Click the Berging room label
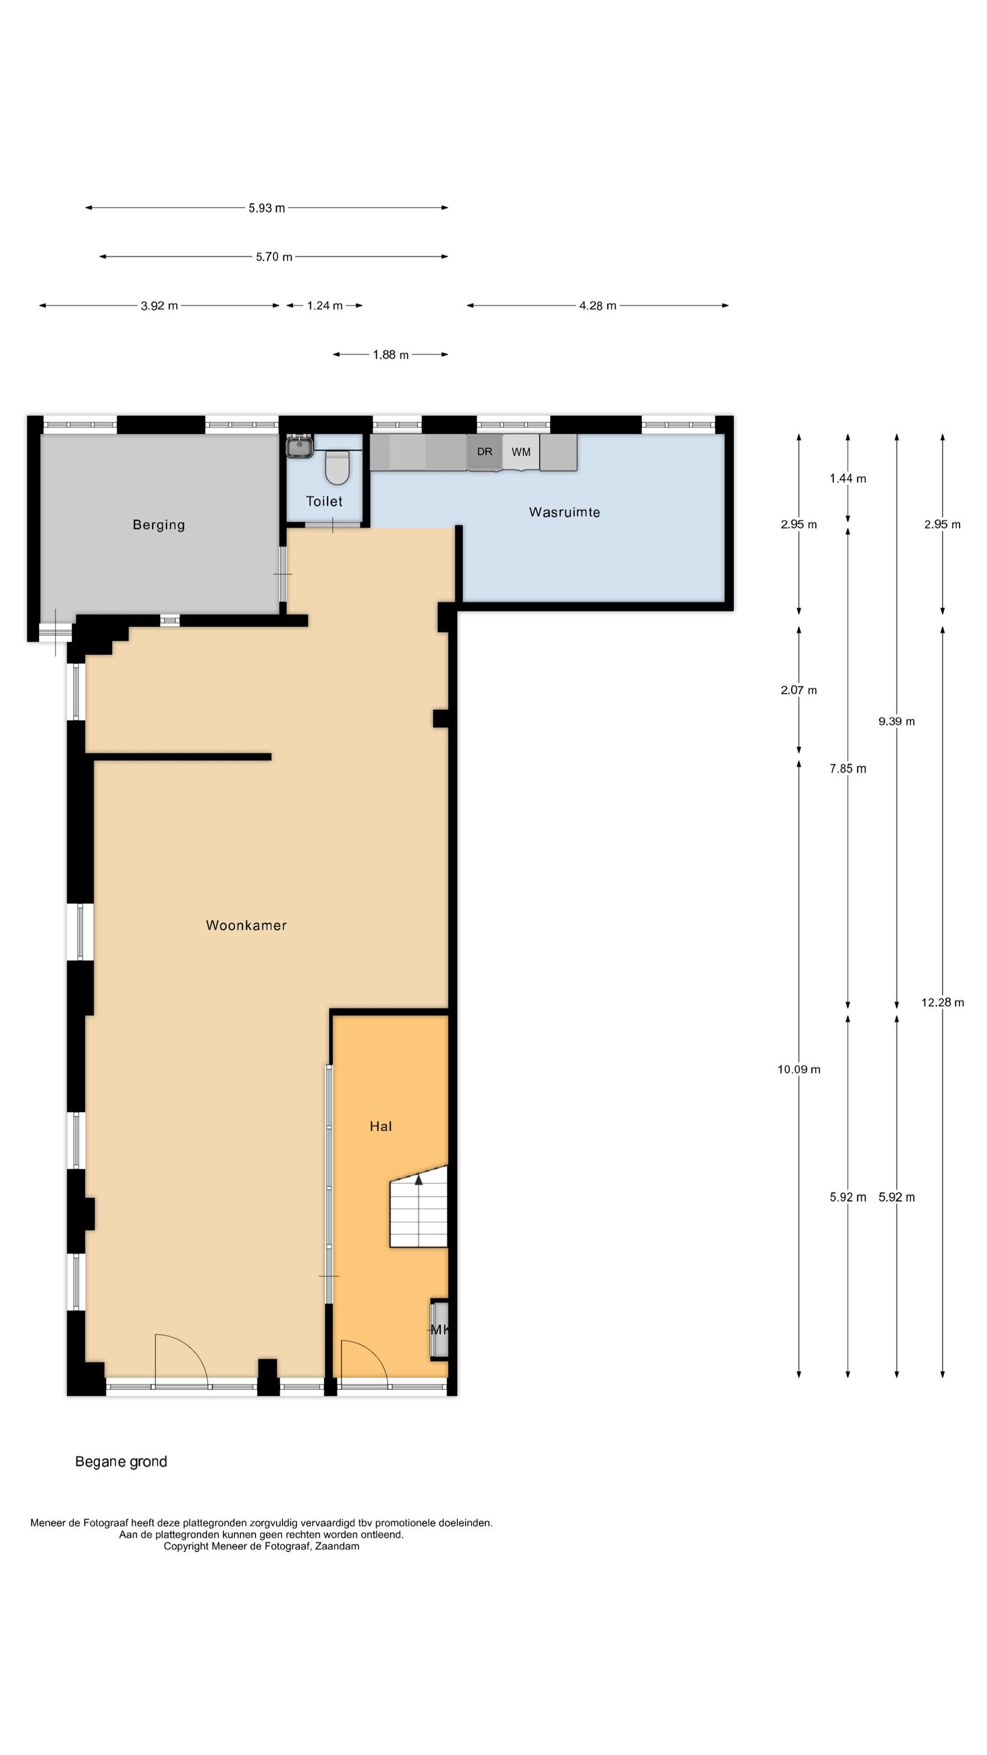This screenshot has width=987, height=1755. click(x=158, y=525)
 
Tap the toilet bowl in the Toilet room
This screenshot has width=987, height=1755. click(x=337, y=467)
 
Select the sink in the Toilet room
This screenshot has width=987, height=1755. click(x=299, y=446)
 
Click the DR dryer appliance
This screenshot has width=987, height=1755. click(x=484, y=452)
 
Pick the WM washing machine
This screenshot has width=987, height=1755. click(x=521, y=452)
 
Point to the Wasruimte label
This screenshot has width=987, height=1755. click(x=565, y=512)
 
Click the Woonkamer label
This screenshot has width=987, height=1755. click(x=247, y=925)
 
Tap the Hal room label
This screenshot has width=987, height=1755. click(x=381, y=1126)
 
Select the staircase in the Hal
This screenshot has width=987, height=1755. click(x=418, y=1206)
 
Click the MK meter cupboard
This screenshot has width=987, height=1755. click(x=439, y=1329)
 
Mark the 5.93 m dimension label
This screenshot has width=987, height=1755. click(x=266, y=208)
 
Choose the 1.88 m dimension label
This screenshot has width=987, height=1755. click(x=391, y=355)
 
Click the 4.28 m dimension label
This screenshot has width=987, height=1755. click(x=598, y=306)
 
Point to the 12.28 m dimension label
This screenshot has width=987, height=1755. click(x=943, y=1002)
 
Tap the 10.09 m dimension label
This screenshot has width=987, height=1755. click(x=799, y=1069)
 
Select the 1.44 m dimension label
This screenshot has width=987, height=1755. click(x=848, y=479)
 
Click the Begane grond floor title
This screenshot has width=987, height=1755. click(x=121, y=1461)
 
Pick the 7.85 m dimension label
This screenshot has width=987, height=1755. click(x=848, y=769)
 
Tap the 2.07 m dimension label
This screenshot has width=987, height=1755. click(x=799, y=690)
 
